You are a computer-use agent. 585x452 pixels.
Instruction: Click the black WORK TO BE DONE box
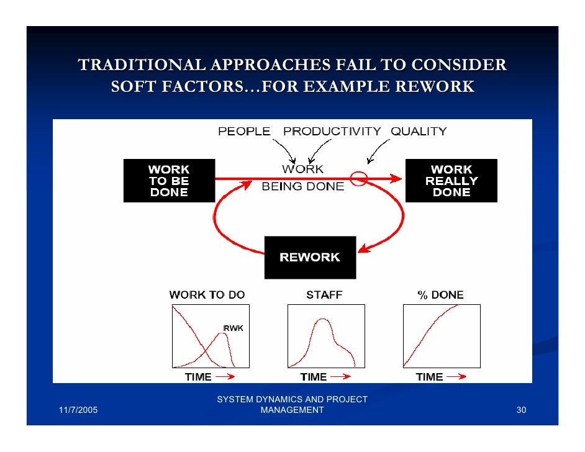(x=169, y=181)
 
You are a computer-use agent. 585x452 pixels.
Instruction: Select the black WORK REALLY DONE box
(x=451, y=181)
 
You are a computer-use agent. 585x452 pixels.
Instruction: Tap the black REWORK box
(x=310, y=257)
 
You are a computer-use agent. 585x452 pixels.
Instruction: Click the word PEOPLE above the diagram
(x=243, y=132)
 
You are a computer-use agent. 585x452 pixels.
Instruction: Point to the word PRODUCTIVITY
(x=332, y=132)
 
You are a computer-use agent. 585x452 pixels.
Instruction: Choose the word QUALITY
(x=419, y=132)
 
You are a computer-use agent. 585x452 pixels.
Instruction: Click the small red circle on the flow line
(x=359, y=179)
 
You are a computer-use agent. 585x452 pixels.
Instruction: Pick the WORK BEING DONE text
(x=302, y=178)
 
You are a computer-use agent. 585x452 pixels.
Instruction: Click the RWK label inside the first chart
(x=233, y=328)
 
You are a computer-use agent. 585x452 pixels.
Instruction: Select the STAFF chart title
(x=324, y=295)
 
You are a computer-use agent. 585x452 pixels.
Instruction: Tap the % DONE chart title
(x=440, y=295)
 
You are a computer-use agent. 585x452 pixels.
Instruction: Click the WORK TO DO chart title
(x=207, y=295)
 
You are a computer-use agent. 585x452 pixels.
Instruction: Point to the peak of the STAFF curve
(x=321, y=319)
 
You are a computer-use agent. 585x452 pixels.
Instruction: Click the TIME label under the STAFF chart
(x=314, y=377)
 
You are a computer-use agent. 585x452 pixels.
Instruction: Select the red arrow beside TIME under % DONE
(x=456, y=376)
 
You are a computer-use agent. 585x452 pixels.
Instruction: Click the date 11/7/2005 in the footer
(x=78, y=410)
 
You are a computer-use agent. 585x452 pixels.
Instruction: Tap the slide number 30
(x=521, y=410)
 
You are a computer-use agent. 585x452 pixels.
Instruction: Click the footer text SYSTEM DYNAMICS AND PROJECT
(x=292, y=399)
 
